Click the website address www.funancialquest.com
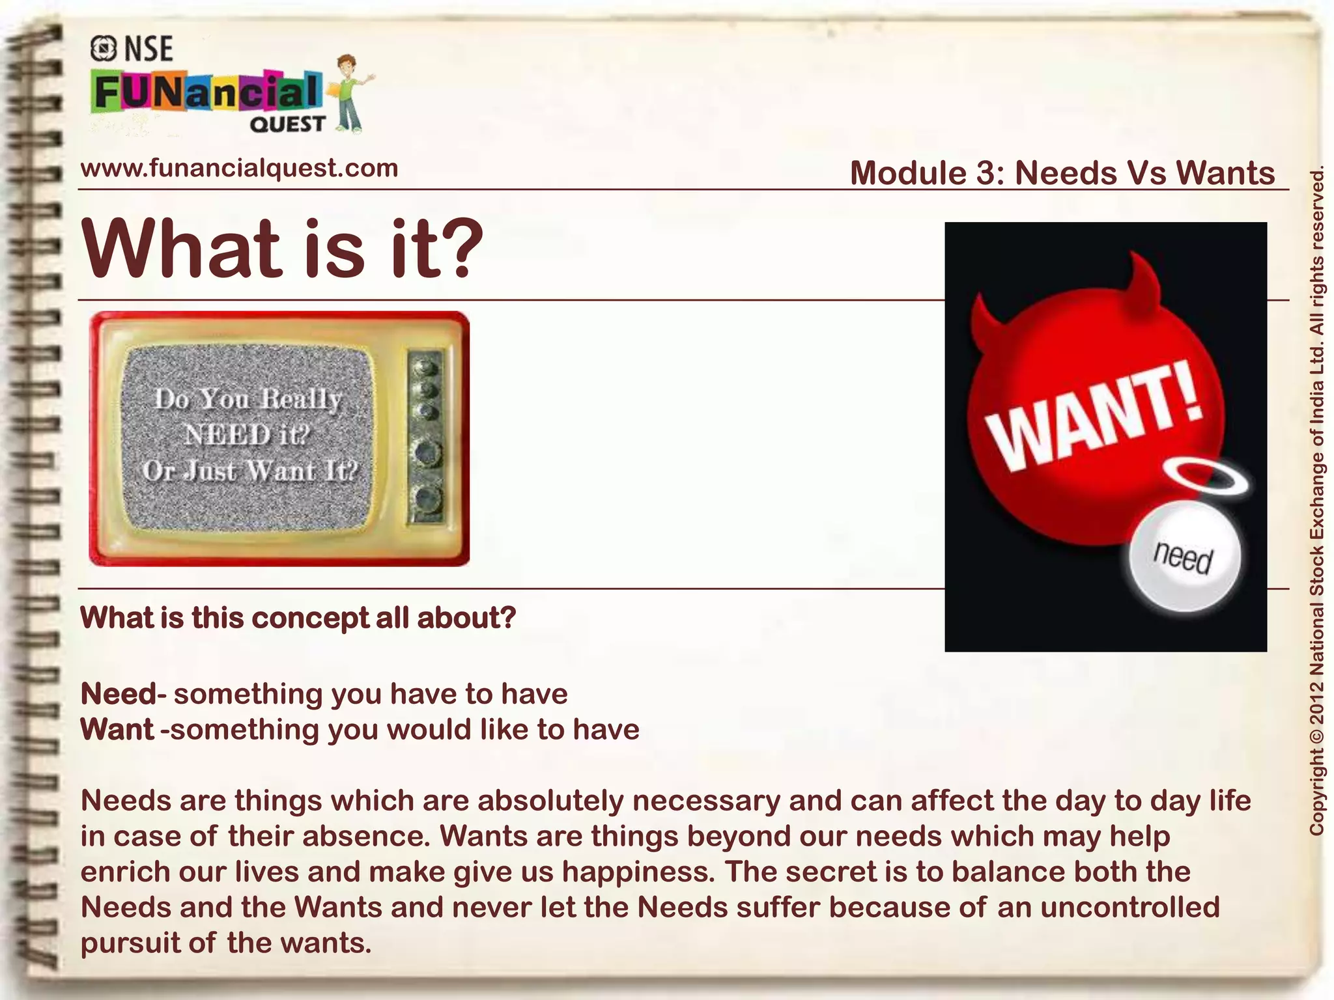(x=239, y=168)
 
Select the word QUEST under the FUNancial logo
(x=287, y=124)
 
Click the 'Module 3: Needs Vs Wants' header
(x=1062, y=173)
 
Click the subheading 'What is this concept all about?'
(x=298, y=618)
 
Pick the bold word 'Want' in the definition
(x=117, y=729)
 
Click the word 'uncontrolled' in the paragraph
(x=1130, y=907)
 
